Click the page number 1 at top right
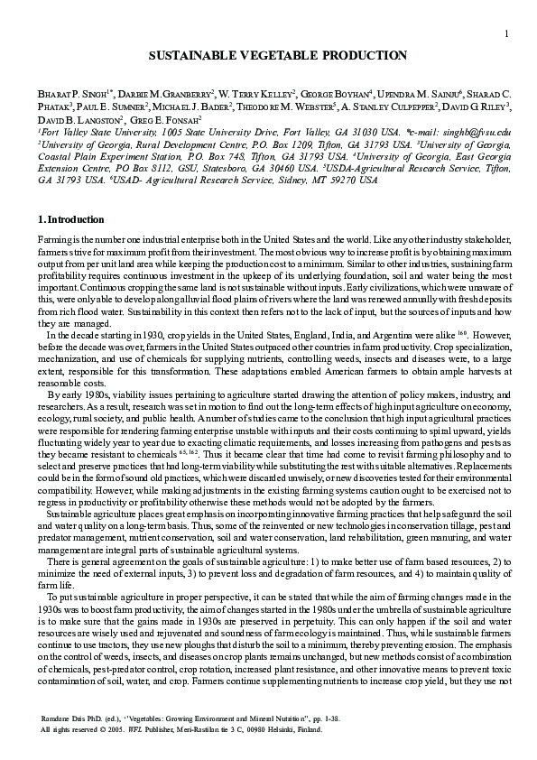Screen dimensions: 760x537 click(508, 34)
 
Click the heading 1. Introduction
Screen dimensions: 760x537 click(71, 219)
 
